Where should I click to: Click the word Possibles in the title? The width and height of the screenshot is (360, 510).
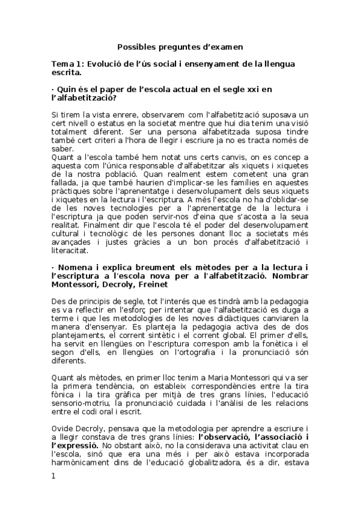pyautogui.click(x=136, y=46)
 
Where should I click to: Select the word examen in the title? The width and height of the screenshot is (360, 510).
pyautogui.click(x=225, y=46)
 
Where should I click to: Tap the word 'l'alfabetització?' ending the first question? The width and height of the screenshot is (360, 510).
pyautogui.click(x=84, y=98)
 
